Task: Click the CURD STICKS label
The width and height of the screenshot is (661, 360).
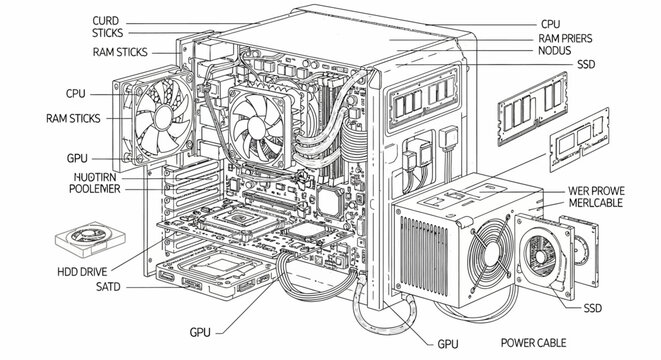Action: [106, 27]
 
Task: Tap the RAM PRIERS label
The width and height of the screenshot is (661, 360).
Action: [564, 37]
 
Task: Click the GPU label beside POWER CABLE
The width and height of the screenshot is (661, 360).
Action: [447, 343]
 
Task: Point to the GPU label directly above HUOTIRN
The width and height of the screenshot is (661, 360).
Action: [77, 158]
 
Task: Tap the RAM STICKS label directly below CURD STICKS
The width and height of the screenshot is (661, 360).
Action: [120, 52]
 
